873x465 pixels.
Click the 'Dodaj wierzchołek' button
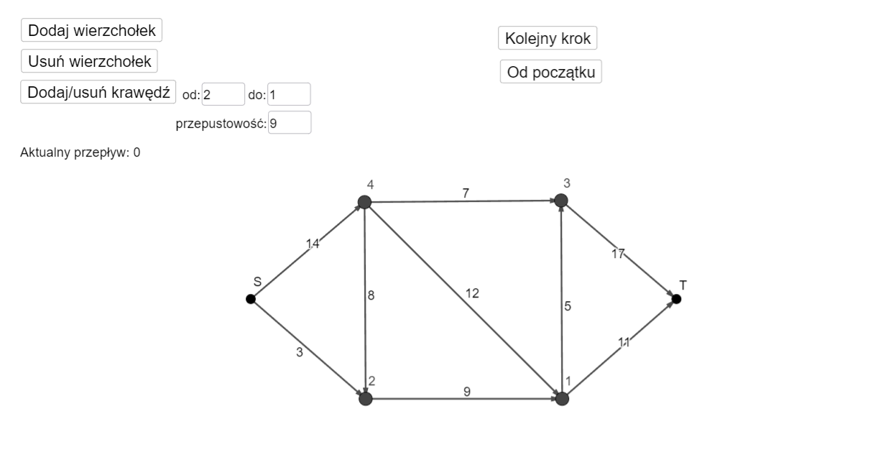click(91, 30)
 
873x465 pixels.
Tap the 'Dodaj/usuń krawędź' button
click(98, 92)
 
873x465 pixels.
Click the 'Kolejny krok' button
click(548, 38)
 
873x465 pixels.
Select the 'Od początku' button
click(551, 72)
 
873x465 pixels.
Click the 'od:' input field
click(223, 94)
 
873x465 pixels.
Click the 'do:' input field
click(289, 94)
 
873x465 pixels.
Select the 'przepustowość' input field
click(290, 123)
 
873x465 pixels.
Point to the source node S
click(251, 299)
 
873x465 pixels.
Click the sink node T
click(677, 299)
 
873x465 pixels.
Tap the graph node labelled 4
click(364, 202)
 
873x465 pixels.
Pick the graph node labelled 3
click(561, 201)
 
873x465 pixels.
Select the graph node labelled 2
click(366, 399)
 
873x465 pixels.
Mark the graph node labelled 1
click(562, 399)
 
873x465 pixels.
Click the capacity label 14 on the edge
click(313, 244)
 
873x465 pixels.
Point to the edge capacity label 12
click(472, 293)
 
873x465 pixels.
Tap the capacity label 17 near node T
click(618, 254)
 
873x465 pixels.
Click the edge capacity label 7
click(466, 193)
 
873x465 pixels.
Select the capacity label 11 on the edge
click(624, 342)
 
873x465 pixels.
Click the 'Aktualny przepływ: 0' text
click(80, 152)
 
